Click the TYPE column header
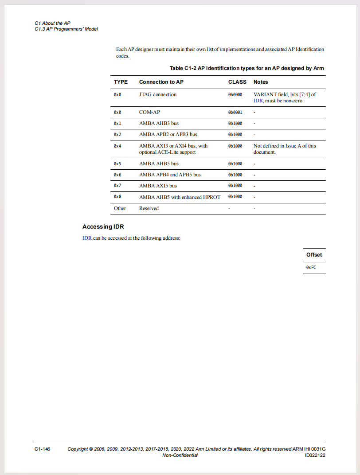[x=121, y=82]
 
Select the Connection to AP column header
[x=161, y=82]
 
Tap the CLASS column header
[x=237, y=82]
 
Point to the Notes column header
[x=261, y=82]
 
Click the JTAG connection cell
[x=157, y=94]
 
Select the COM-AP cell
[x=149, y=112]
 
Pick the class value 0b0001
[x=235, y=112]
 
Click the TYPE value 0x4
[x=117, y=146]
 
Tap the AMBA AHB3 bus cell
[x=159, y=123]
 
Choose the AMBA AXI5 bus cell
[x=158, y=186]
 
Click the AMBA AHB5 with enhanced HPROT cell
[x=180, y=197]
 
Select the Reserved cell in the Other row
[x=149, y=208]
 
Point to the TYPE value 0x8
[x=117, y=197]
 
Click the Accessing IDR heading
[x=103, y=227]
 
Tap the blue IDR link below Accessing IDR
[x=87, y=238]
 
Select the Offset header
[x=314, y=255]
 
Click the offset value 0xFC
[x=311, y=268]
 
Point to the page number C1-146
[x=42, y=449]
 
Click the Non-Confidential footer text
[x=180, y=456]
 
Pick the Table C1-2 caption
[x=247, y=68]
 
